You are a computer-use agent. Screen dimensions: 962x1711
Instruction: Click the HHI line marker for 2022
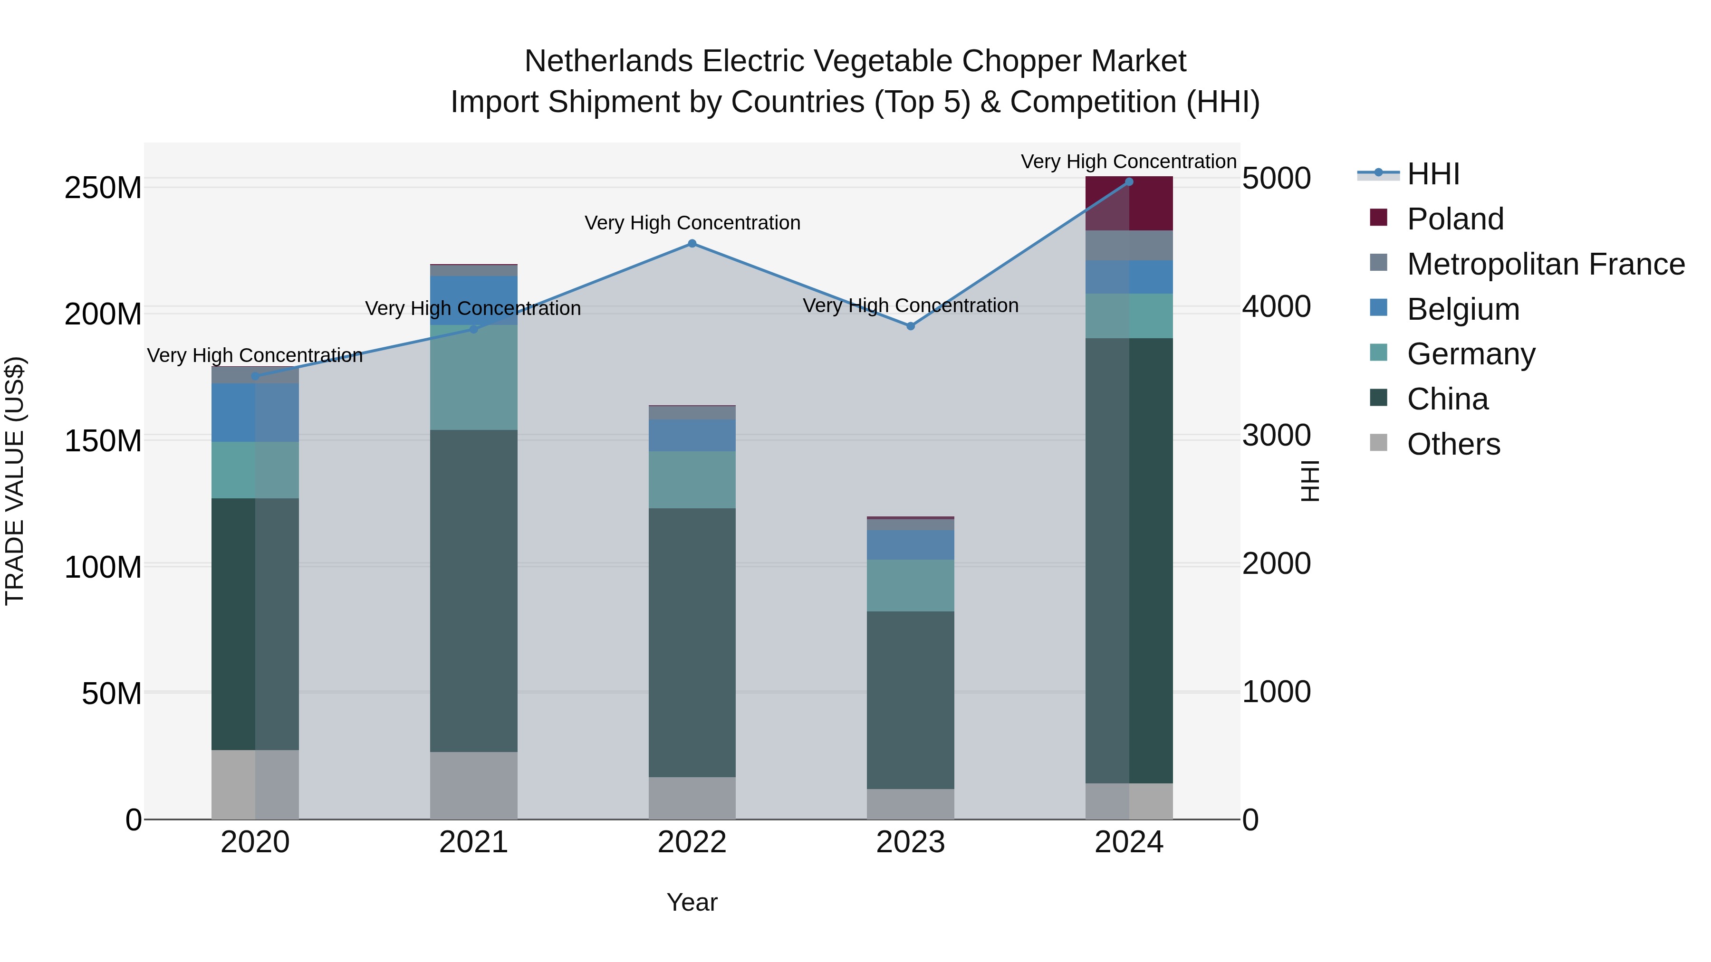[x=692, y=244]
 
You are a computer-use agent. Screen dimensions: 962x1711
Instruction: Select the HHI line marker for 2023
[x=911, y=326]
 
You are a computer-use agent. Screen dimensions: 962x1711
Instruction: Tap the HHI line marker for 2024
[x=1129, y=182]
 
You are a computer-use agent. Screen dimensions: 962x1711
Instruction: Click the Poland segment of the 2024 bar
[x=1129, y=204]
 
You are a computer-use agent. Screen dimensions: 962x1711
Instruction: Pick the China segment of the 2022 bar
[x=692, y=643]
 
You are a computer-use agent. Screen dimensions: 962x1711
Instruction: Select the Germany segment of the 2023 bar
[x=911, y=586]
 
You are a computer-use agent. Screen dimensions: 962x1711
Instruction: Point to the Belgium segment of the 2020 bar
[x=255, y=412]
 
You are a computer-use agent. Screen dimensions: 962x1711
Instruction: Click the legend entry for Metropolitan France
[x=1546, y=264]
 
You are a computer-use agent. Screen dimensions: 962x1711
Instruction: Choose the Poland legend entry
[x=1455, y=219]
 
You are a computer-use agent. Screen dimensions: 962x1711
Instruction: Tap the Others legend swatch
[x=1379, y=443]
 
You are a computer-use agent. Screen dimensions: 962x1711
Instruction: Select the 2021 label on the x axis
[x=473, y=842]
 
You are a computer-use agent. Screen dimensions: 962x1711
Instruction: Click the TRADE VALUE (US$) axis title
[x=15, y=481]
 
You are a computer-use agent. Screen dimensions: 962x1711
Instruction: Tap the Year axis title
[x=692, y=902]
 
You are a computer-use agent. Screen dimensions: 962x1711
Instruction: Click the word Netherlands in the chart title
[x=609, y=62]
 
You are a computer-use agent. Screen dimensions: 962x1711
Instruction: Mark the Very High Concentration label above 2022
[x=692, y=223]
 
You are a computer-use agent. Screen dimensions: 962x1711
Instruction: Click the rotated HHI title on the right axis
[x=1309, y=481]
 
